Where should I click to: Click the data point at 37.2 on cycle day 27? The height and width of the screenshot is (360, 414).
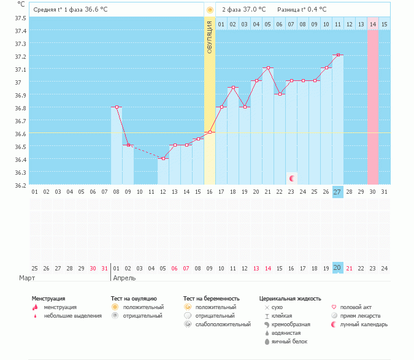coord(338,55)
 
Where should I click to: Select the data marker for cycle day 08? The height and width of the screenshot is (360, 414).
coord(117,107)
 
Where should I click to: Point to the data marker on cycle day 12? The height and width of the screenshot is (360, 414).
coord(163,158)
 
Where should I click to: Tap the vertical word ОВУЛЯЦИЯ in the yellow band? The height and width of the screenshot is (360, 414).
coord(210,37)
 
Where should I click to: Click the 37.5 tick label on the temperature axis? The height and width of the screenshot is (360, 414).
coord(20,18)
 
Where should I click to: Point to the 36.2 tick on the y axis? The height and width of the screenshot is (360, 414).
coord(20,186)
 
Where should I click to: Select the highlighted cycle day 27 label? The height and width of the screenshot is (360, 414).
coord(338,192)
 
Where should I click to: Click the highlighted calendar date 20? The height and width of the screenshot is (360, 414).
coord(338,268)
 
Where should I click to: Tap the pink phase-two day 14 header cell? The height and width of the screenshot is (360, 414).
coord(373,25)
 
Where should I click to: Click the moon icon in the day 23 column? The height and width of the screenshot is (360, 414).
coord(292,178)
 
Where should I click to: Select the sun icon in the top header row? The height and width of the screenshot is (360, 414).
coord(210,10)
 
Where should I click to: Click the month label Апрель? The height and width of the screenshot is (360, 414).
coord(125,278)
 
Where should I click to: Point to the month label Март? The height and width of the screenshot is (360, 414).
coord(27,278)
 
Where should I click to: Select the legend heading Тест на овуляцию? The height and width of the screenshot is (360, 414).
coord(134,299)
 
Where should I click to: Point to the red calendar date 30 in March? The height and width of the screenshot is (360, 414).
coord(93,269)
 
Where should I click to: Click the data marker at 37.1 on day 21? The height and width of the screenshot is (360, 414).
coord(268,68)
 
